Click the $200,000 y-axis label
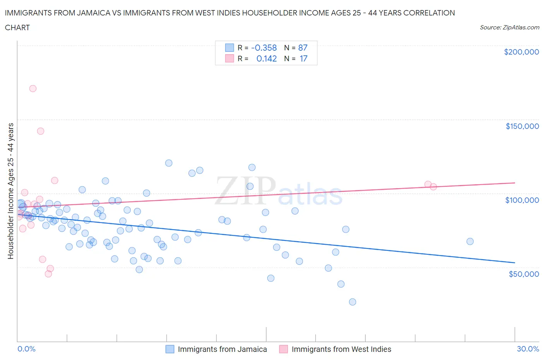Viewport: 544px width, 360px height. (x=521, y=52)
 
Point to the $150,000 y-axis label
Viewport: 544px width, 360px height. (x=522, y=126)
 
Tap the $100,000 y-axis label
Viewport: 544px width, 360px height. (x=522, y=200)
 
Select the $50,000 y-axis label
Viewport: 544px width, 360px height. (x=523, y=274)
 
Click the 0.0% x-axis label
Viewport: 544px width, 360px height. (x=26, y=349)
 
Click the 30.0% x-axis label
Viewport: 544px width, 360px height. (x=528, y=349)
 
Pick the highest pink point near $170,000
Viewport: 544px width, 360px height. (x=33, y=89)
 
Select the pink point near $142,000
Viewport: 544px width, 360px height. (x=41, y=131)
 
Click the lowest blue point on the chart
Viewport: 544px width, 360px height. (x=352, y=302)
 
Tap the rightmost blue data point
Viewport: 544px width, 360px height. (x=470, y=242)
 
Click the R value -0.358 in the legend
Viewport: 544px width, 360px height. (x=264, y=48)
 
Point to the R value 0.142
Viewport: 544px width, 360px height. (x=267, y=58)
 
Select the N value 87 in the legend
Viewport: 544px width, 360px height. (x=303, y=48)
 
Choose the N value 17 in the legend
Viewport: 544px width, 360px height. (x=303, y=58)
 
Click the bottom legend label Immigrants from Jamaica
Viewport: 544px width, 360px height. (x=222, y=349)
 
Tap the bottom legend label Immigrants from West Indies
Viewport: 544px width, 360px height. (x=341, y=349)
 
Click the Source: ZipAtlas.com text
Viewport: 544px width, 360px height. (x=509, y=27)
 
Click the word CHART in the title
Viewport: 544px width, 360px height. (x=17, y=27)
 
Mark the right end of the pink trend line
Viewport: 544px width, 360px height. (x=515, y=182)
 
